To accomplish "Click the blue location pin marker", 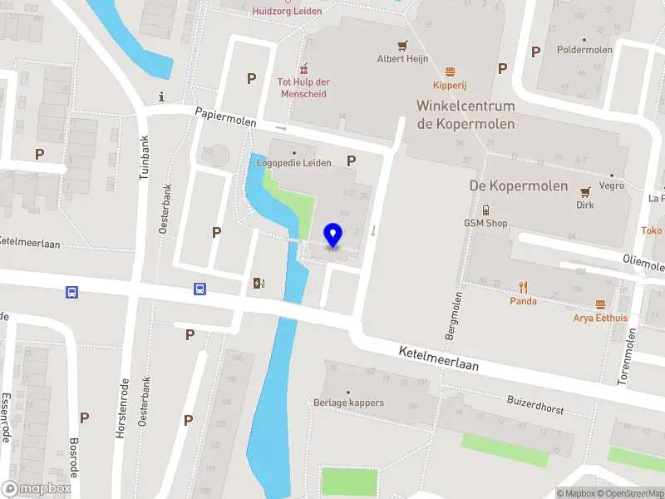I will click(x=332, y=235).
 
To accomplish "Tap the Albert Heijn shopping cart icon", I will click(x=402, y=46).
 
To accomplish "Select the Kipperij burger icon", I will click(x=451, y=72).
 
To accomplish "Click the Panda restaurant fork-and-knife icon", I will click(x=523, y=287).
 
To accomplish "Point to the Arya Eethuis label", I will click(x=600, y=318).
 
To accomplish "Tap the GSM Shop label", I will click(x=485, y=223).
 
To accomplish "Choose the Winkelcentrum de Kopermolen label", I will click(x=465, y=115).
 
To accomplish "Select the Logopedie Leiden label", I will click(x=293, y=163).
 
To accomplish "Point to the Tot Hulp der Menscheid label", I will click(x=303, y=87).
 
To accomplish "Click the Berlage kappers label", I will click(x=348, y=403).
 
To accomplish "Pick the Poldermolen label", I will click(x=585, y=50).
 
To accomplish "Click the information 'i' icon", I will click(x=161, y=96).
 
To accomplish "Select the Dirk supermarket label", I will click(x=585, y=205).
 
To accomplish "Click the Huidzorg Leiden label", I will click(x=286, y=11).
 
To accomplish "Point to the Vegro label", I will click(x=611, y=186).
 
